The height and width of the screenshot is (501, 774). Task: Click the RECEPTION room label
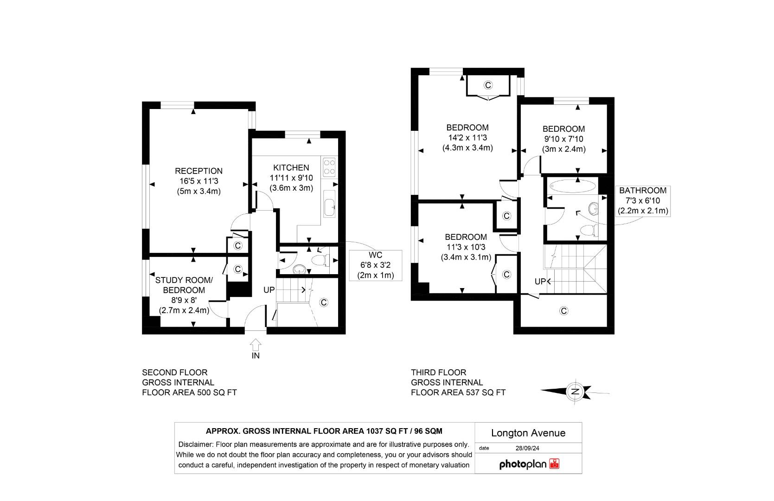tap(198, 171)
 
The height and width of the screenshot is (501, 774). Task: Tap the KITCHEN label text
tap(291, 168)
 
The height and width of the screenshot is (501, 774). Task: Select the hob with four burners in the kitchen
tap(330, 167)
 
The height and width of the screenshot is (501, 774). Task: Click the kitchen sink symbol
tap(329, 207)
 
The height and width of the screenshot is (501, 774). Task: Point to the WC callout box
tap(375, 265)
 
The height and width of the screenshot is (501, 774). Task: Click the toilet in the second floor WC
tap(320, 259)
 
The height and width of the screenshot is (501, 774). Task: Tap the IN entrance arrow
tap(256, 346)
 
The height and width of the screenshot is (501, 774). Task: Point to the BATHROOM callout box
tap(642, 200)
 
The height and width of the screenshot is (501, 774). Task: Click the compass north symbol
tap(575, 392)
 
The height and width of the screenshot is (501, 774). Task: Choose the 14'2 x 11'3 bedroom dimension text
tap(467, 138)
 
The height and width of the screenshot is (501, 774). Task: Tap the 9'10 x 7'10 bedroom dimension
tap(563, 139)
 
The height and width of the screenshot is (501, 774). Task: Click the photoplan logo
tap(529, 464)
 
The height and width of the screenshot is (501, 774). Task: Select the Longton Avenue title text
tap(528, 433)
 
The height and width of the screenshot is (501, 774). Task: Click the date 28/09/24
tap(527, 449)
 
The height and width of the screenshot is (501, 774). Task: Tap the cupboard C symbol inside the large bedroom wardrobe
tap(487, 85)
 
